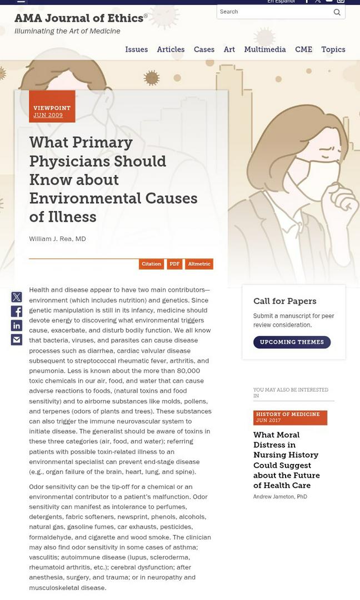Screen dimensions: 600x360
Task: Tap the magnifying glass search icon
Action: [337, 12]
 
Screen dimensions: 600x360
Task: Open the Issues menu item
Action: [136, 49]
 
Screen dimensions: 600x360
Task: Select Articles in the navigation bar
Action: [171, 49]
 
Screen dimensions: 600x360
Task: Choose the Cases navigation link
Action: [204, 49]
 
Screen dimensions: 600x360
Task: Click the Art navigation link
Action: [229, 49]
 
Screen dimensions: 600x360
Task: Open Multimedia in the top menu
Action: [264, 49]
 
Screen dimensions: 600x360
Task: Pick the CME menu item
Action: [303, 49]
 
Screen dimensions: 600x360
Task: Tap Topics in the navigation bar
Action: [333, 49]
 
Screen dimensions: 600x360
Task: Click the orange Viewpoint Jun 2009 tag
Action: [52, 111]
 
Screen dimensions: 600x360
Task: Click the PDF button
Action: [174, 264]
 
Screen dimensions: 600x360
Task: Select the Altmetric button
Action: [199, 264]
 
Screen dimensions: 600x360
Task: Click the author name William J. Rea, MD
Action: [57, 239]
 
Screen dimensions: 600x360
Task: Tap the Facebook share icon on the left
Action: [17, 312]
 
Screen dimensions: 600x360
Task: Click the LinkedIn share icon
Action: [17, 326]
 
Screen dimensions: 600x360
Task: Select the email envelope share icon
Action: [17, 339]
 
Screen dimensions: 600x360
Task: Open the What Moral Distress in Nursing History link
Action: [286, 460]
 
